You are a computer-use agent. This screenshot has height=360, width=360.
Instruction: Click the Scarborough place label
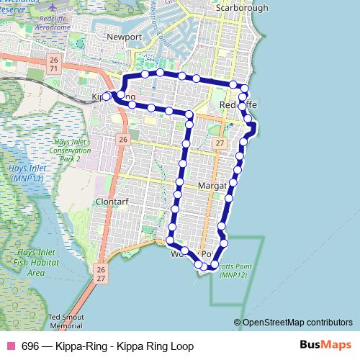click(x=242, y=8)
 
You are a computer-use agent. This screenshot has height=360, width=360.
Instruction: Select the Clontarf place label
click(x=112, y=202)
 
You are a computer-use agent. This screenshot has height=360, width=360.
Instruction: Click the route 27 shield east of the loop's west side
click(x=220, y=144)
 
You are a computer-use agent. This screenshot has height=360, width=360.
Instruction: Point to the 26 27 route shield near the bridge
click(x=101, y=273)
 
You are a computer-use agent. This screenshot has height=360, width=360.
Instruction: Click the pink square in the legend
click(x=9, y=346)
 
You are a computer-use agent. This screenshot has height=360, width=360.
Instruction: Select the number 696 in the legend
click(x=31, y=346)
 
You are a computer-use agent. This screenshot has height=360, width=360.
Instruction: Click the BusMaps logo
click(x=325, y=346)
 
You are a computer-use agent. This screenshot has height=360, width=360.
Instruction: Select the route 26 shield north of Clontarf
click(x=123, y=139)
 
